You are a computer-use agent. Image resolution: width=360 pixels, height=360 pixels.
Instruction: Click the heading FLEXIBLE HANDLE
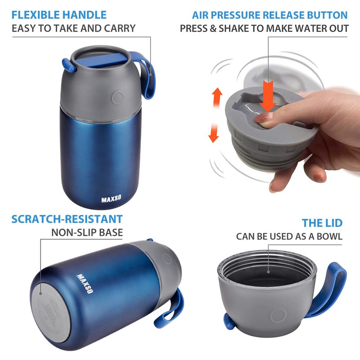(x=59, y=15)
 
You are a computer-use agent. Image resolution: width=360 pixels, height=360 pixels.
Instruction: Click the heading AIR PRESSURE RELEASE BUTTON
(x=270, y=15)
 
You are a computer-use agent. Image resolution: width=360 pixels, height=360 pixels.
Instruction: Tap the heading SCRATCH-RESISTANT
(x=67, y=219)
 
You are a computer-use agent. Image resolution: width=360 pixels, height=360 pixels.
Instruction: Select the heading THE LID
(x=322, y=223)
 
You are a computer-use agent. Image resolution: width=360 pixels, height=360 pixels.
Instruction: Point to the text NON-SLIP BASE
(x=87, y=233)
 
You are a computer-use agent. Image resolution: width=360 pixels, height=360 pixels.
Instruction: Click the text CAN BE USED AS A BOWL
(x=289, y=236)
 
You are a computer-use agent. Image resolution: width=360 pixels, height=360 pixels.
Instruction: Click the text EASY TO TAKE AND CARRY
(x=73, y=28)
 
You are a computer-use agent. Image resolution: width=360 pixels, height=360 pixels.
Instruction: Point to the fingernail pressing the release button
(x=263, y=118)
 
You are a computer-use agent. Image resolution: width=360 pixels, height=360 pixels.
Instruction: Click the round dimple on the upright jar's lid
(x=118, y=97)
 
